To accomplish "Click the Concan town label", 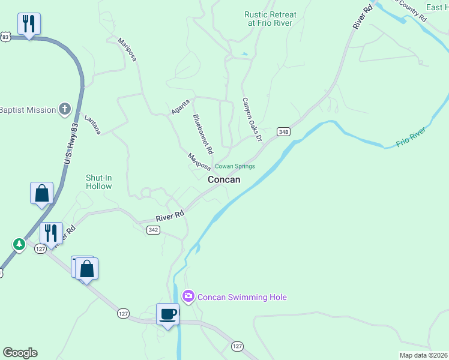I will point(224,179).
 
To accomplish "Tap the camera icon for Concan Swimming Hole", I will point(188,296).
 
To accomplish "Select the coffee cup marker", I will point(167,314).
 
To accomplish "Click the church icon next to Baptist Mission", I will point(65,109).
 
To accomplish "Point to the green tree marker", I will point(19,244).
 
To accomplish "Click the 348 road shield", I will point(283,131).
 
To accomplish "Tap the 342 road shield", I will point(153,230).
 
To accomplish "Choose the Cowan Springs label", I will point(235,166).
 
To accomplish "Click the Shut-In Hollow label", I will point(98,182).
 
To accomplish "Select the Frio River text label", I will point(411,137).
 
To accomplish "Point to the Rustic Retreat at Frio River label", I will point(270,19).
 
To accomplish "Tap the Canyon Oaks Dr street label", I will point(252,119).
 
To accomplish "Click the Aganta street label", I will point(181,106).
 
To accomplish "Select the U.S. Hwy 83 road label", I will point(71,145).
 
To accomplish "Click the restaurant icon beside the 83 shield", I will point(29,24).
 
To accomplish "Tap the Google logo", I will point(20,353).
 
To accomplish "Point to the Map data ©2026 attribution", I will point(423,355).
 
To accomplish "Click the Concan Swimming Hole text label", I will point(242,297).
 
